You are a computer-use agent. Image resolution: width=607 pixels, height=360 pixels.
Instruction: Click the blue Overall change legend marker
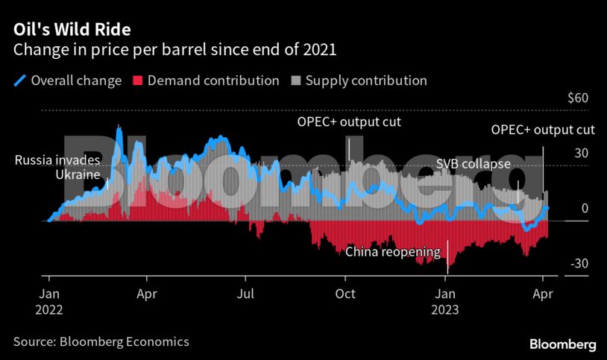point(20,80)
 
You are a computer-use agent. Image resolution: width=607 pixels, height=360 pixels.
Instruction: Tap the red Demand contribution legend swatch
point(137,80)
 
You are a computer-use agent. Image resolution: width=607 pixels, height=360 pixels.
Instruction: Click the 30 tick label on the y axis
point(581,154)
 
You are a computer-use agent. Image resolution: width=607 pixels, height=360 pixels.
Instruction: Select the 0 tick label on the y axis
point(585,208)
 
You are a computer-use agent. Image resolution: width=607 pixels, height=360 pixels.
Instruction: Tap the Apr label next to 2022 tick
point(148,293)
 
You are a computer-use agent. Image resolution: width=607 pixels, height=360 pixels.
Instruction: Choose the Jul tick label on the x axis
point(245,293)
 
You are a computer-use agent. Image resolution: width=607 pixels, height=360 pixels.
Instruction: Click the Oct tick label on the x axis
point(345,293)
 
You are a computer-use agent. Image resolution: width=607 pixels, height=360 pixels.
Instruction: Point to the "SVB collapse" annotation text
point(473,164)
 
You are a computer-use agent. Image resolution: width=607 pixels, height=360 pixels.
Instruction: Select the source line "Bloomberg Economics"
point(101,341)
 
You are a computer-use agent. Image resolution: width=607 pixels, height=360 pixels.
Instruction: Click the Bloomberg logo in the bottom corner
point(562,344)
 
